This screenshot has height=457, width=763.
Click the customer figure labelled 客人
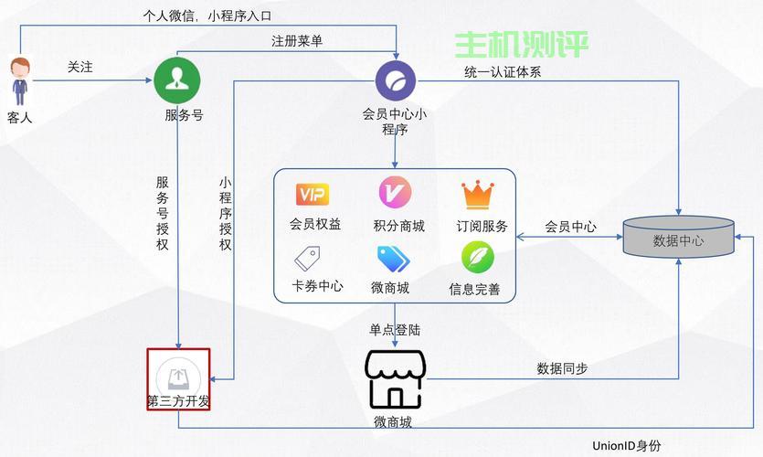point(20,81)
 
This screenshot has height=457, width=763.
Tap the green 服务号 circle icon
point(177,80)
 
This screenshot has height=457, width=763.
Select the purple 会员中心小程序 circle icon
point(396,80)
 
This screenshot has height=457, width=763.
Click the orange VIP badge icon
point(313,195)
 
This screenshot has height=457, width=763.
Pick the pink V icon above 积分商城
point(395,192)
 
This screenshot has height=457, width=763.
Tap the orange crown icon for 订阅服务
point(478,195)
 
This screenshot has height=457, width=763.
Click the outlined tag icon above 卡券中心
point(308,259)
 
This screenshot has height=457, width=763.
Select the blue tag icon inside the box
point(394,259)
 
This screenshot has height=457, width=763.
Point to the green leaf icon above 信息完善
point(478,258)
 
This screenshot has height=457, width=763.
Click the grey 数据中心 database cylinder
point(678,237)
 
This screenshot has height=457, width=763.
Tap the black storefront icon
point(395,379)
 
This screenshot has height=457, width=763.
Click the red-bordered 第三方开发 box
point(178,379)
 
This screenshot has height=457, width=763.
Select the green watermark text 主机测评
point(521,44)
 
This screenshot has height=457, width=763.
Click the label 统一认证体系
point(503,72)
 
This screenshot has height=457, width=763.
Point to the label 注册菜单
point(297,41)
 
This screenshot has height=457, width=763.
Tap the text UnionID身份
point(627,445)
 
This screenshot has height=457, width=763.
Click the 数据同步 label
point(563,368)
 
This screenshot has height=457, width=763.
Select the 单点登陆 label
point(395,330)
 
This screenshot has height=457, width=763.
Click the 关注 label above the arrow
point(79,67)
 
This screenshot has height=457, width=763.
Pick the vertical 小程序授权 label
point(225,214)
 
